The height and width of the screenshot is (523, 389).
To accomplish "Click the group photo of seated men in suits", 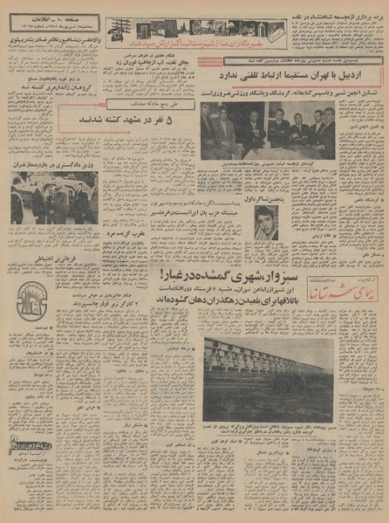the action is pos(266,129).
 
